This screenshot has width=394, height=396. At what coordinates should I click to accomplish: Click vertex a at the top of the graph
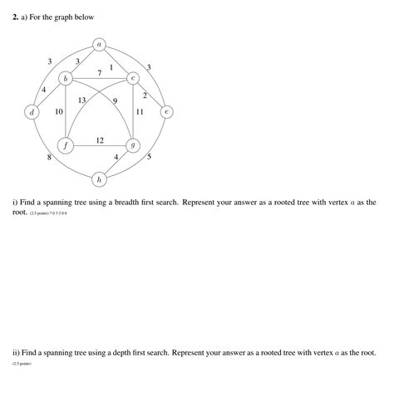(100, 44)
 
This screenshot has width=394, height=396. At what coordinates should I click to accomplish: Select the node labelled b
(66, 77)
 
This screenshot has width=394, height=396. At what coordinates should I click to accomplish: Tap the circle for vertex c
(133, 77)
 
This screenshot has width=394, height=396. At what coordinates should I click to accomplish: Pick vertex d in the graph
(32, 111)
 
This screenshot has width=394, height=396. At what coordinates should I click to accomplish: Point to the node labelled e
(166, 111)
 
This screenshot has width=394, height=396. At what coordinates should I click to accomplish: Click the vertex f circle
(66, 144)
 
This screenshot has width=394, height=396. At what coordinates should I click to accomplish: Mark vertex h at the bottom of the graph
(100, 178)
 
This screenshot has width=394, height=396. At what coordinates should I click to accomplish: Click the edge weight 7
(100, 73)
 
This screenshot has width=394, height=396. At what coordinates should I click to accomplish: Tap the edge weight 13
(82, 100)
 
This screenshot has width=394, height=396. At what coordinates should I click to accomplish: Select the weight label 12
(100, 139)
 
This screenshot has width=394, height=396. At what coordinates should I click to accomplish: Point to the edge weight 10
(59, 111)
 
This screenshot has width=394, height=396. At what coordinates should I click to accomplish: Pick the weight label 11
(140, 111)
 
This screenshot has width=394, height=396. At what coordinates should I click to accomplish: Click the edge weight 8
(50, 157)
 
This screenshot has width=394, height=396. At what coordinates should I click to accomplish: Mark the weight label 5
(149, 157)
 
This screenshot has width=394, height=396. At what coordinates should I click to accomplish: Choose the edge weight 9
(115, 100)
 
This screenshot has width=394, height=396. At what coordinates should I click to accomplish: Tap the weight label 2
(145, 95)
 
